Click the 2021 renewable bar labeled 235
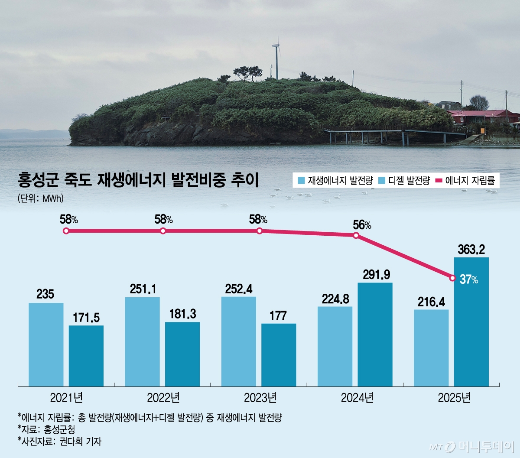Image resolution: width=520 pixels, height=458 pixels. [x=46, y=344]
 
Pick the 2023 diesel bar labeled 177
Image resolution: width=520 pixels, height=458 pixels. [x=279, y=354]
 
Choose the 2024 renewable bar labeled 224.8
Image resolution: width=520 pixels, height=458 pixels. [x=335, y=346]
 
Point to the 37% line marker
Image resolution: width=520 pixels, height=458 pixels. [x=452, y=278]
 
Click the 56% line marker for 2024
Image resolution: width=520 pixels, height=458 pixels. [x=356, y=235]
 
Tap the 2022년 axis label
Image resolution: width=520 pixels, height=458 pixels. [x=163, y=397]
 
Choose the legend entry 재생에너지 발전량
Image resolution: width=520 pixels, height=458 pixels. [x=335, y=181]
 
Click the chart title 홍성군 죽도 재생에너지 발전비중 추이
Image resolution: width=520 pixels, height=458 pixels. [x=138, y=180]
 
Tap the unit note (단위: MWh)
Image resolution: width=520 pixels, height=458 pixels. [x=41, y=198]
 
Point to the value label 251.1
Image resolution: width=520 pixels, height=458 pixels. [x=143, y=289]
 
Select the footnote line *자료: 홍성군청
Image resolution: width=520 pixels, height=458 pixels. [x=46, y=429]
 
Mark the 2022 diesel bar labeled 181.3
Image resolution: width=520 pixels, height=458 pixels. [x=182, y=354]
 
